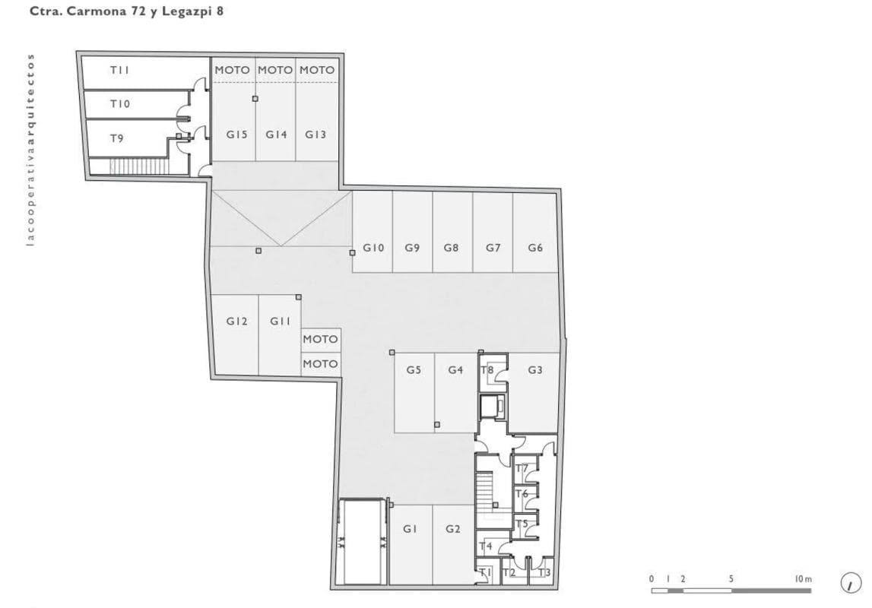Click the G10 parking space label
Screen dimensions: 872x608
coord(373,248)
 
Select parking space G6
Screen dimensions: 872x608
coord(535,232)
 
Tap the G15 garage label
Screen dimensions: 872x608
coord(237,135)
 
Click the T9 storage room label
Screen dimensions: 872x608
coord(116,138)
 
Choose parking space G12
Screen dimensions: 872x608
coord(235,334)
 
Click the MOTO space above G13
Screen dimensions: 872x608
coord(317,70)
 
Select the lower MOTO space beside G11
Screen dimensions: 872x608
coord(320,363)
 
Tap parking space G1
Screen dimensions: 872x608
coord(411,544)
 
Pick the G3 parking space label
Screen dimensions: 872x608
coord(535,370)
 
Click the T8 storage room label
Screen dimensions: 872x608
coord(487,369)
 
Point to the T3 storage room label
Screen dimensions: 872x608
coord(544,572)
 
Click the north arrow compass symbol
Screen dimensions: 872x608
coord(850,583)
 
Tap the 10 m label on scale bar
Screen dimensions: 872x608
coord(803,579)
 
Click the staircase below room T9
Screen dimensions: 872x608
coord(139,166)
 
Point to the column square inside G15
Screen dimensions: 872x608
coord(255,99)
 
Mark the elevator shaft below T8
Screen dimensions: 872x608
coord(492,407)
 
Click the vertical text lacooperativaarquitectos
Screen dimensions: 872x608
coord(30,149)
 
